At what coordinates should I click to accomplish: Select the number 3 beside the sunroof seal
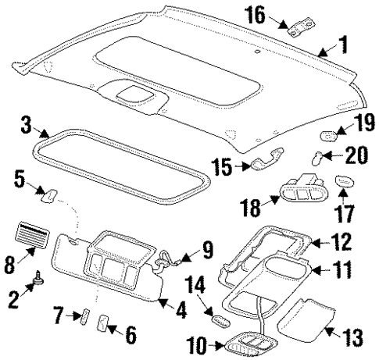coord(27,125)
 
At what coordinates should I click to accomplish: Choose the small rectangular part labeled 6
coord(103,323)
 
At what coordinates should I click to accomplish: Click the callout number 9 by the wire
coord(206,249)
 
